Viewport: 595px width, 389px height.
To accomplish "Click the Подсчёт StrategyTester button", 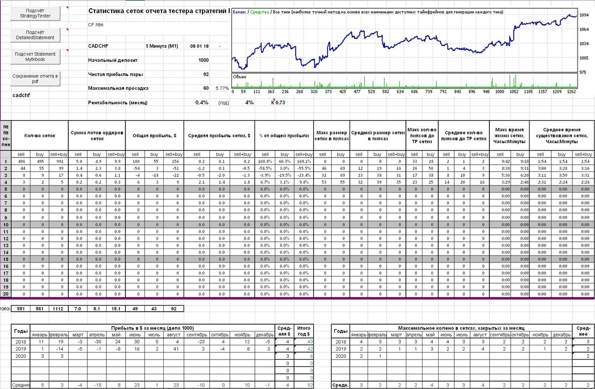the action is tap(35, 13).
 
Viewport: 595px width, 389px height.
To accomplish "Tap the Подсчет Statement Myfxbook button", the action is tap(35, 57).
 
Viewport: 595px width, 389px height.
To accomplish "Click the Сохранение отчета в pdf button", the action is tap(35, 79).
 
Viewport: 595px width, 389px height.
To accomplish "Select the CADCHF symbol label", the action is tap(98, 46).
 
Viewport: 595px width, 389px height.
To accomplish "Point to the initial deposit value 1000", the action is tap(203, 60).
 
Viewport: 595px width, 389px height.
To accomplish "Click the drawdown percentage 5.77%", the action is tap(222, 88).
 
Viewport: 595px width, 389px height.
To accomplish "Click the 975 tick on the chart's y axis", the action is tap(583, 72).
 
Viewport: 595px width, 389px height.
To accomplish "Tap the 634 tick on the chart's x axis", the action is tap(400, 92).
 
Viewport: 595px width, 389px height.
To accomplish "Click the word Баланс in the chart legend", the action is tap(239, 12).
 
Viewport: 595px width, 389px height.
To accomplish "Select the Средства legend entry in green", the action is tap(260, 12).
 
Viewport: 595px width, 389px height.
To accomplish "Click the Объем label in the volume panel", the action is tap(239, 77).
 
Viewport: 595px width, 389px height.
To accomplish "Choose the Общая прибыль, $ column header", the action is tap(155, 136).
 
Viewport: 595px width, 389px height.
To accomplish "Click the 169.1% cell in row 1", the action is tap(304, 162).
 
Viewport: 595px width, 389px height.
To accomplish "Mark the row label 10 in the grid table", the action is tap(6, 225).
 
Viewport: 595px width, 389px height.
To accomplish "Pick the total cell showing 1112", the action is tap(58, 308).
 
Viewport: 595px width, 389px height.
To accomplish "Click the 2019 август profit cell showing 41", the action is tap(176, 349).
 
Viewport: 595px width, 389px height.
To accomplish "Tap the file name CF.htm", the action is tap(95, 25).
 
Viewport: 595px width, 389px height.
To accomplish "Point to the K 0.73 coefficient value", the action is tap(278, 103).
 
